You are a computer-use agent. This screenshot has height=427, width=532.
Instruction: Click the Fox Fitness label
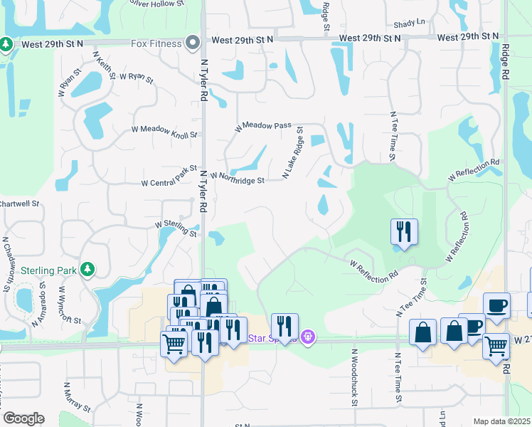(156, 43)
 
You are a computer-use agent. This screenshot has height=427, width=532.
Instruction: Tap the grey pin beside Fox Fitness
(192, 43)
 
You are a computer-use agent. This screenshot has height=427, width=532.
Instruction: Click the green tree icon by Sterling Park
(87, 269)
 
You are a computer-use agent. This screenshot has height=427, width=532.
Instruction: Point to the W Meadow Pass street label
(264, 126)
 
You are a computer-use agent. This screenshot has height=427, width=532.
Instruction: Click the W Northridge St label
(238, 177)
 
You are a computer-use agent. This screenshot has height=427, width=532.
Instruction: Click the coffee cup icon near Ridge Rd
(496, 305)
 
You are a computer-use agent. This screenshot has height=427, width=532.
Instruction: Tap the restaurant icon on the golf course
(403, 231)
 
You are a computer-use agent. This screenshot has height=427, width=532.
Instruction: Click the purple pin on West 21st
(307, 336)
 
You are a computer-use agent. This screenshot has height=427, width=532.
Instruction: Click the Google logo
(23, 418)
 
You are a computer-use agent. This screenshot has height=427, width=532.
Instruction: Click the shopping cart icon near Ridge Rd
(496, 347)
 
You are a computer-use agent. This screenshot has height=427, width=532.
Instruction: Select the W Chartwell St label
(19, 204)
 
